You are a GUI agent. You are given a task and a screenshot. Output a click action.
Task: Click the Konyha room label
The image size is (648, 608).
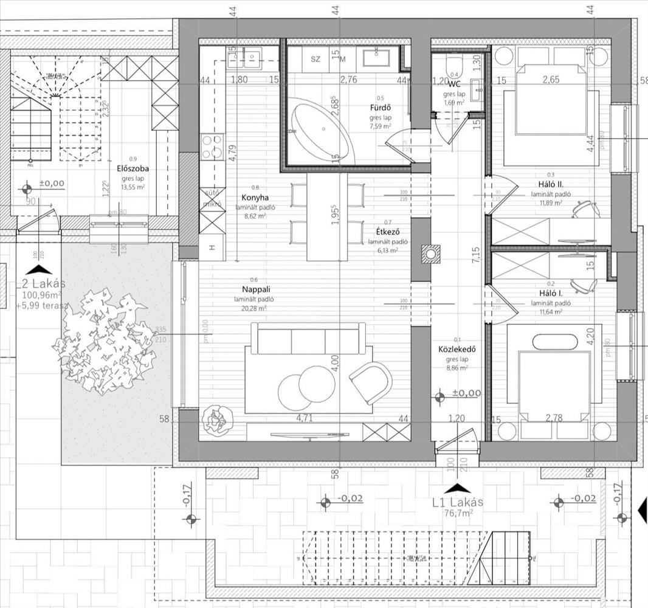tap(255, 198)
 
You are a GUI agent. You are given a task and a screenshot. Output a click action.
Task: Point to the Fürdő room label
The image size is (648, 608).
tap(380, 108)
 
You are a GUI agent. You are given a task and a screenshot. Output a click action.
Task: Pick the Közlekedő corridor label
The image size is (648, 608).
tap(457, 350)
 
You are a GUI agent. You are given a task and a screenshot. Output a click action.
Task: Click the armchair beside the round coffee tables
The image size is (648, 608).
tap(370, 381)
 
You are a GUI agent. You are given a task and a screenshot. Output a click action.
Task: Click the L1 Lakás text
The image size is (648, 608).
tap(458, 502)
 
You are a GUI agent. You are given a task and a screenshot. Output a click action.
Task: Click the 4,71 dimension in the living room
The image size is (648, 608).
tap(303, 418)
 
